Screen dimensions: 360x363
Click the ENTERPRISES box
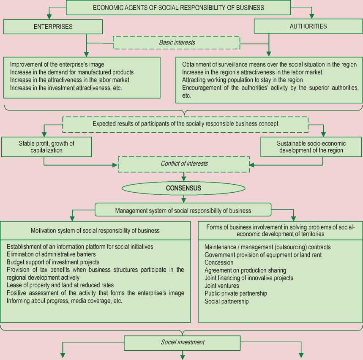coord(53,27)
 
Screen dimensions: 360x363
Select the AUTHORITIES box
coord(308,26)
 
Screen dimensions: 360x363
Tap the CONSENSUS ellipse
coord(183,188)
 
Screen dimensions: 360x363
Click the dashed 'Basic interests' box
coord(177,43)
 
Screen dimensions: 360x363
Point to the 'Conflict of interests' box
coord(183,164)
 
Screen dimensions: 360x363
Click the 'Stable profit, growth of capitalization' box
coord(46,147)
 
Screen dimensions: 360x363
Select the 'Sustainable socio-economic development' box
coord(311,147)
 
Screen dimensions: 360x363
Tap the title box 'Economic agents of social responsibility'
coord(178,8)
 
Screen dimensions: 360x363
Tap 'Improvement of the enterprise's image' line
coord(57,65)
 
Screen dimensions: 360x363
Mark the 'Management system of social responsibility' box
coord(183,210)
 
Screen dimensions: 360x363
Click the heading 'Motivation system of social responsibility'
coord(96,231)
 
